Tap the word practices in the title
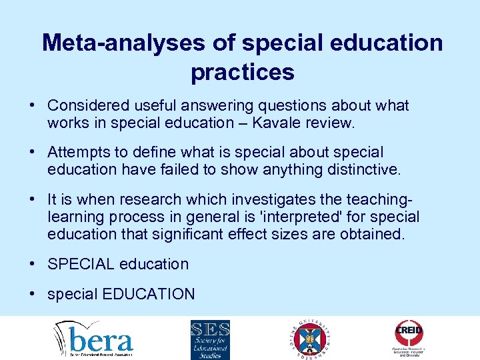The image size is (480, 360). pyautogui.click(x=242, y=71)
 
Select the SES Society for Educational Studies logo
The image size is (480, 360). pyautogui.click(x=210, y=339)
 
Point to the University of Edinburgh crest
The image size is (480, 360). pyautogui.click(x=309, y=339)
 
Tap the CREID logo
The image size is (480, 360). pyautogui.click(x=409, y=339)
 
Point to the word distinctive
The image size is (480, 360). pyautogui.click(x=363, y=170)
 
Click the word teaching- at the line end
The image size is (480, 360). pyautogui.click(x=379, y=199)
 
